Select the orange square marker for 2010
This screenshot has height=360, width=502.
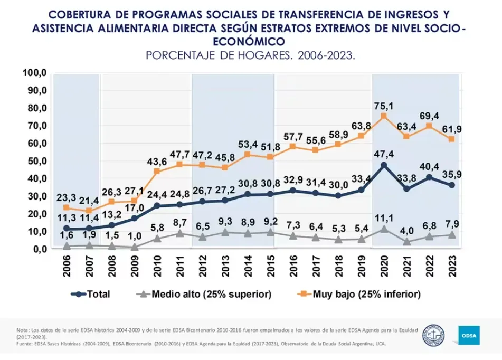[156, 172]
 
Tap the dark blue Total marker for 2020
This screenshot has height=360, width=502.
[384, 165]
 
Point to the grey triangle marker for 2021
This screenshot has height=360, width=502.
[406, 242]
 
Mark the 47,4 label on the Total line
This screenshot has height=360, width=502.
[384, 154]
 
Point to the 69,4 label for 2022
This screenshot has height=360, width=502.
[429, 116]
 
